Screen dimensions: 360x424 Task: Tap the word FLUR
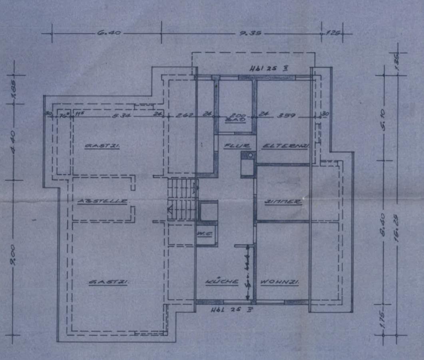point(237,146)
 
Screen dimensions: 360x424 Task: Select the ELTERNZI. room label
point(285,146)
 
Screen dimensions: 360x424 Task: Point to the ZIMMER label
point(283,202)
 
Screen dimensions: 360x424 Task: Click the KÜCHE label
point(222,282)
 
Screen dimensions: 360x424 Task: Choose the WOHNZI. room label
point(280,282)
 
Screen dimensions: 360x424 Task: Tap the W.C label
point(206,233)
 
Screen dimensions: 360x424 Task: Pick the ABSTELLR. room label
point(103,201)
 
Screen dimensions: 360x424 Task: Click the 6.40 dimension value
point(109,33)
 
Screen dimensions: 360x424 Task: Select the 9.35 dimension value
point(251,33)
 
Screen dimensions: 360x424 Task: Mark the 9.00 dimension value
point(14,256)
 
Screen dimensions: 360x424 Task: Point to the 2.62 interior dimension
point(185,116)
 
